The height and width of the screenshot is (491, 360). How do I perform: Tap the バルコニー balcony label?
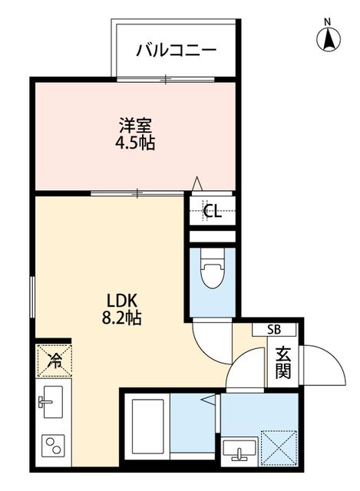(x=177, y=51)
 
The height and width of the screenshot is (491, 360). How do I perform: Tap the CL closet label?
(x=213, y=213)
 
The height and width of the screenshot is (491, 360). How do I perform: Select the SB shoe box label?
(x=274, y=330)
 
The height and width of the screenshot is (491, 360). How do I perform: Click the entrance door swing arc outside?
(x=322, y=366)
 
